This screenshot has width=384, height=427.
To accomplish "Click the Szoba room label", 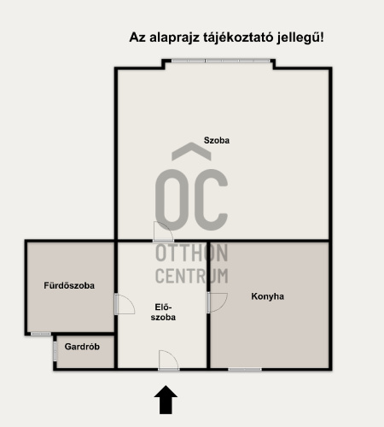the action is click(217, 140).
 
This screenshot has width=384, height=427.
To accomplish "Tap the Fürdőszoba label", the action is click(69, 285).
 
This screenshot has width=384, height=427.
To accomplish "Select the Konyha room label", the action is click(267, 296).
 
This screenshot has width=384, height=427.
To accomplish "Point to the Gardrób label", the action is click(82, 347).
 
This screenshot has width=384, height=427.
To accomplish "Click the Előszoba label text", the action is click(163, 313).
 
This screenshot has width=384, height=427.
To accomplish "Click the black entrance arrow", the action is click(166, 400).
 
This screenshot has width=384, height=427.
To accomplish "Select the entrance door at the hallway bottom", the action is click(169, 360).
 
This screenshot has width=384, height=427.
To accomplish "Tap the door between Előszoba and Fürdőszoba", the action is click(125, 304).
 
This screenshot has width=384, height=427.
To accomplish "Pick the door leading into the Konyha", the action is click(218, 302).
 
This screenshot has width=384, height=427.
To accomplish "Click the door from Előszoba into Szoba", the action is click(163, 232).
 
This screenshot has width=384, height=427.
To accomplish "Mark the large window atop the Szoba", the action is click(220, 61).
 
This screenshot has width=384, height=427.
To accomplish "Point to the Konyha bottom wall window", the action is click(245, 370).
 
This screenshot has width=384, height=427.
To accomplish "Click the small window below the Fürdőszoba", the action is click(41, 334).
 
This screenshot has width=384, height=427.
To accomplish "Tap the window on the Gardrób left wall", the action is click(55, 351).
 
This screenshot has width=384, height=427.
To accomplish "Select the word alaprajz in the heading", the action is click(174, 38).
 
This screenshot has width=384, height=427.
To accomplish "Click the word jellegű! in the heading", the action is click(300, 38).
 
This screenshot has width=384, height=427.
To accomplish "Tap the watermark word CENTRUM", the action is click(192, 276).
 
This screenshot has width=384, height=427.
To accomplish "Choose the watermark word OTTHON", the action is click(192, 253).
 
